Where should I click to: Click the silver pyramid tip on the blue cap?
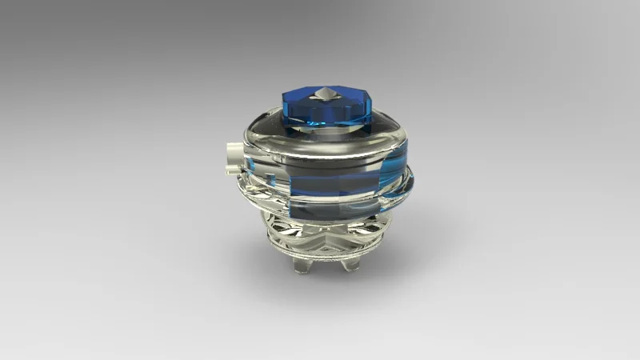pos(325,94)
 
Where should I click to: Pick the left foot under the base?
pos(302,265)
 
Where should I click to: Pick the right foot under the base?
pos(349,263)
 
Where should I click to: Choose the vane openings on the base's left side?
pos(280,228)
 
